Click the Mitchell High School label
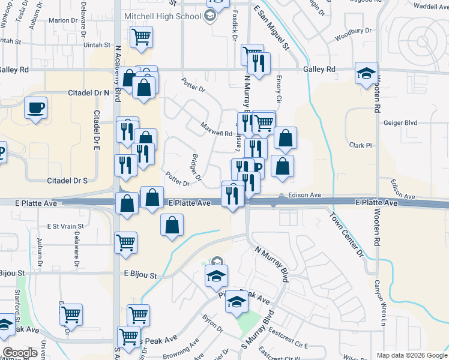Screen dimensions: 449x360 click(162, 16)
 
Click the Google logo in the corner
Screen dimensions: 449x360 click(20, 353)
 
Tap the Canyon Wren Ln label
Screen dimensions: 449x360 click(379, 304)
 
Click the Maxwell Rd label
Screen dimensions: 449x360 click(216, 129)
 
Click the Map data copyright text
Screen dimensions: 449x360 click(411, 355)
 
